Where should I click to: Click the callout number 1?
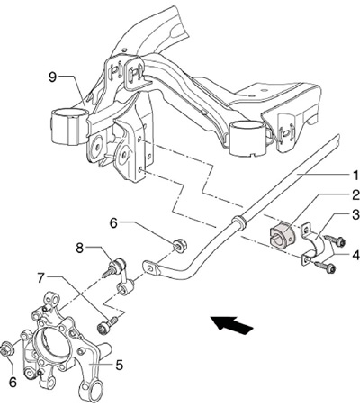point(355,176)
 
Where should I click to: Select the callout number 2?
point(355,195)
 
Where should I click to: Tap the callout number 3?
point(355,215)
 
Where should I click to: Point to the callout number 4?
point(355,256)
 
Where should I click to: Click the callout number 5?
point(119,365)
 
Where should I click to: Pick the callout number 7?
point(41,278)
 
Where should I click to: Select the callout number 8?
point(79,249)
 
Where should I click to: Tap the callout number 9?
point(52,77)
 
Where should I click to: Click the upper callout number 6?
point(113,223)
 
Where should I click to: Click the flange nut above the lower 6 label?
point(7,350)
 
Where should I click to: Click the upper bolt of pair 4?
point(335,240)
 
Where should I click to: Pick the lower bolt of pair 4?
point(325,267)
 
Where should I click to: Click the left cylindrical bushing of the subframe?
point(68,127)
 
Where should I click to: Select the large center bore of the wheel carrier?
point(51,343)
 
